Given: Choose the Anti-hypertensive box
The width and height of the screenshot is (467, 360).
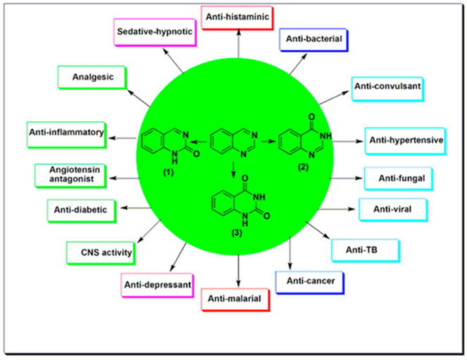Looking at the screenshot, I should click(x=406, y=140).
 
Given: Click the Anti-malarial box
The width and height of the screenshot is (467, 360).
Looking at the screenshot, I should click(x=237, y=299).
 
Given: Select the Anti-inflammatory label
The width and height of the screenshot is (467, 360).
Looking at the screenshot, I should click(x=67, y=132).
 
